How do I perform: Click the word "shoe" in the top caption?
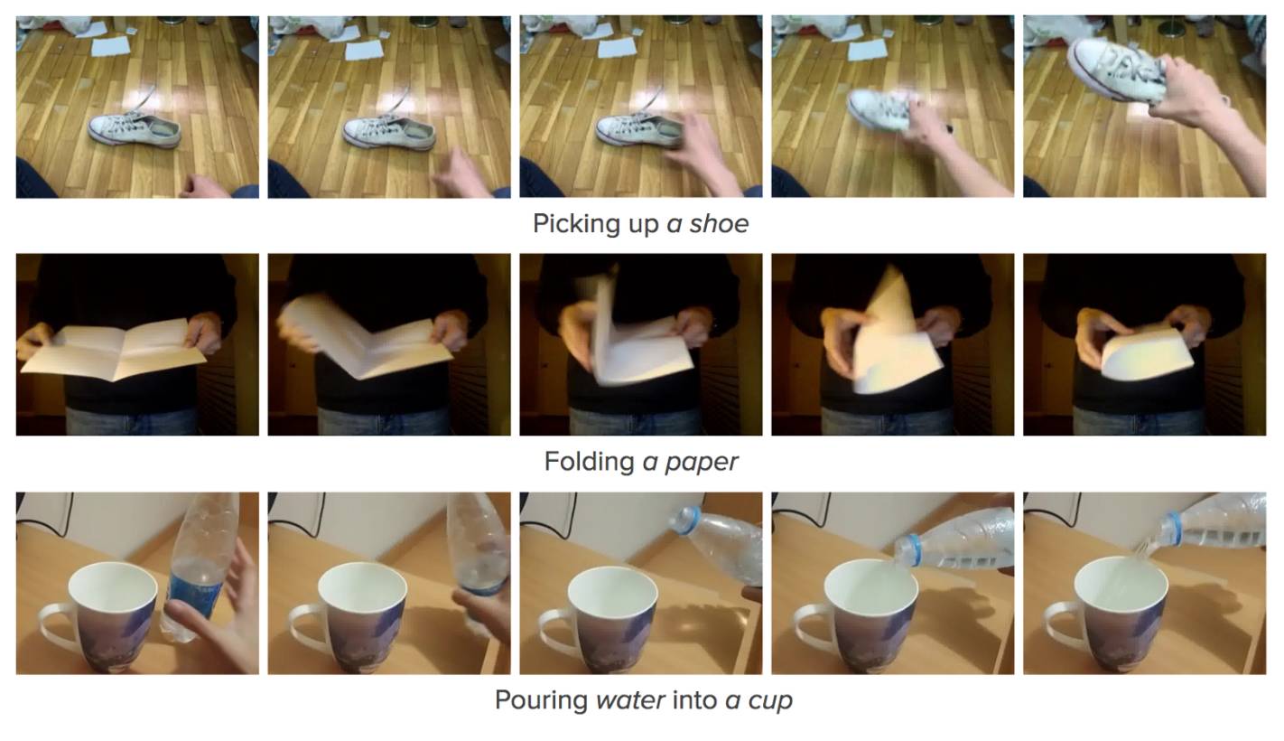[719, 223]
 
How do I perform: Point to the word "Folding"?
[590, 462]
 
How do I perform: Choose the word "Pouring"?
[541, 700]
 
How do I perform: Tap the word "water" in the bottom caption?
[630, 700]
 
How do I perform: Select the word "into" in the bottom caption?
[695, 699]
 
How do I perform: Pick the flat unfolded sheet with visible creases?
[114, 350]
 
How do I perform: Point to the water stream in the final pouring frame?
[1140, 554]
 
